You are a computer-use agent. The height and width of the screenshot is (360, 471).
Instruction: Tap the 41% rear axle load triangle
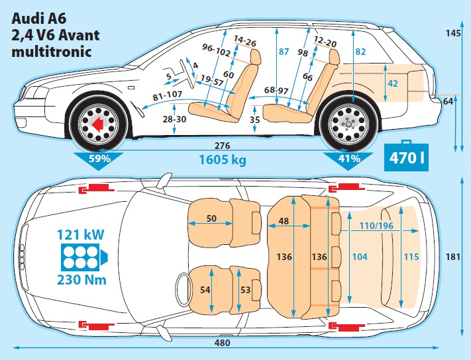348,159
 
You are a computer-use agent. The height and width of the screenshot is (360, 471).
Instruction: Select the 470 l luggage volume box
405,158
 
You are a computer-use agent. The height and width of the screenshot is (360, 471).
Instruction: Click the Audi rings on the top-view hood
23,253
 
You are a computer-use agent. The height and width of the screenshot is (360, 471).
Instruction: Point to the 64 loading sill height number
448,101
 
